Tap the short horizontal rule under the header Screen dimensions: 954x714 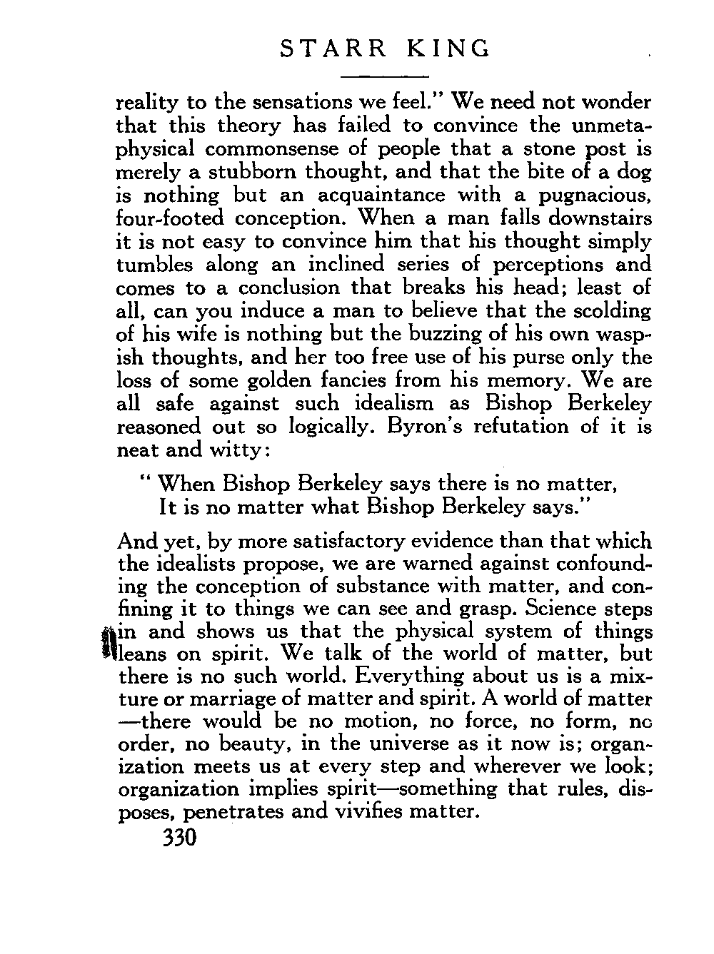pyautogui.click(x=385, y=76)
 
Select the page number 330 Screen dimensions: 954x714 pyautogui.click(x=178, y=837)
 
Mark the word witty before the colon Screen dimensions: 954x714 pyautogui.click(x=238, y=450)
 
